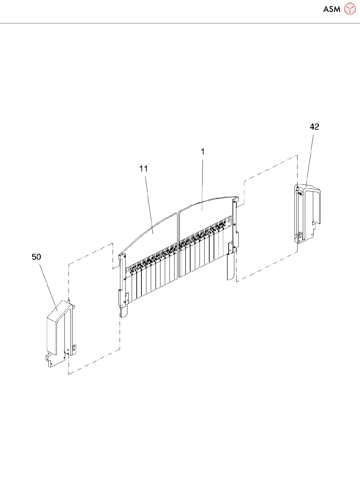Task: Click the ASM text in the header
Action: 332,9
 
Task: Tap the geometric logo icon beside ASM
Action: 350,9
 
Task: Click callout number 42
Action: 315,127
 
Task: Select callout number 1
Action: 203,152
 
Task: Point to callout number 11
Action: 143,169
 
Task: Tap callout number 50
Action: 36,257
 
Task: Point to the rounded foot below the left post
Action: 124,312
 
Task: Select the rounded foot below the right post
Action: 231,267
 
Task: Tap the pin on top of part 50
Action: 69,301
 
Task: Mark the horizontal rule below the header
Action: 180,23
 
